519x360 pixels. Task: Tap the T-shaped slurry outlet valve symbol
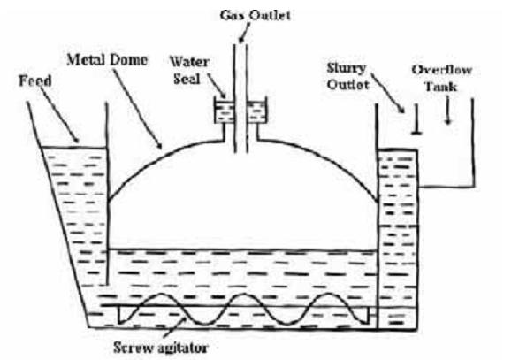tap(415, 124)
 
